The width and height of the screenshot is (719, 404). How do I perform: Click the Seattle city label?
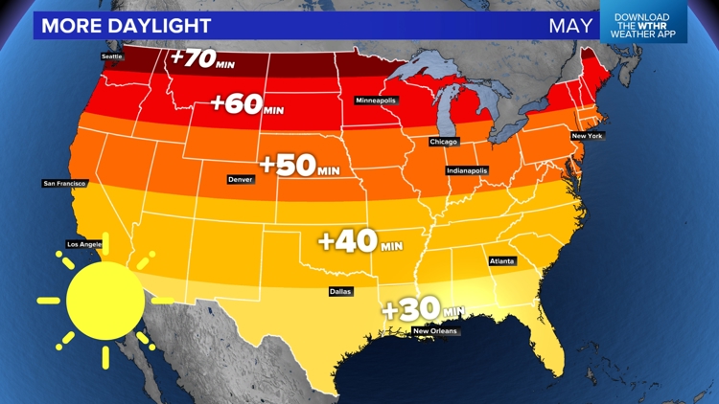[113, 56]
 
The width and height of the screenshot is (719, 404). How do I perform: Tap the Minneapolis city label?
[376, 101]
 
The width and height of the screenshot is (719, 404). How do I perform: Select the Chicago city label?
[444, 142]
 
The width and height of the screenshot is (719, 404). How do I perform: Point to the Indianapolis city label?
[467, 170]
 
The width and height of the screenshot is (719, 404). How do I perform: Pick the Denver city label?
[241, 179]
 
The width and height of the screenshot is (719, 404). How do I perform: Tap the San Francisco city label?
[65, 183]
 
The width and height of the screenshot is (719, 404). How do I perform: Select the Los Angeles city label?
[83, 243]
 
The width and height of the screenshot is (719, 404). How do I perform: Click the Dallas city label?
[340, 291]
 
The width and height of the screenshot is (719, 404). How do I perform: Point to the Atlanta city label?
[501, 260]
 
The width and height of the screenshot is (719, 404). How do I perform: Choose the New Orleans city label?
[435, 331]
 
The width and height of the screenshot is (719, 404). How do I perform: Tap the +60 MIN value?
[247, 103]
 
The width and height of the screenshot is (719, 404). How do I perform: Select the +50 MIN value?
[299, 165]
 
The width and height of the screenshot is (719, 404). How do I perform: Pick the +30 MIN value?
[422, 309]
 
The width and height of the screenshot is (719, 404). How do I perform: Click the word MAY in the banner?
[569, 25]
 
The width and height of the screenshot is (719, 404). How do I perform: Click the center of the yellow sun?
[105, 301]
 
